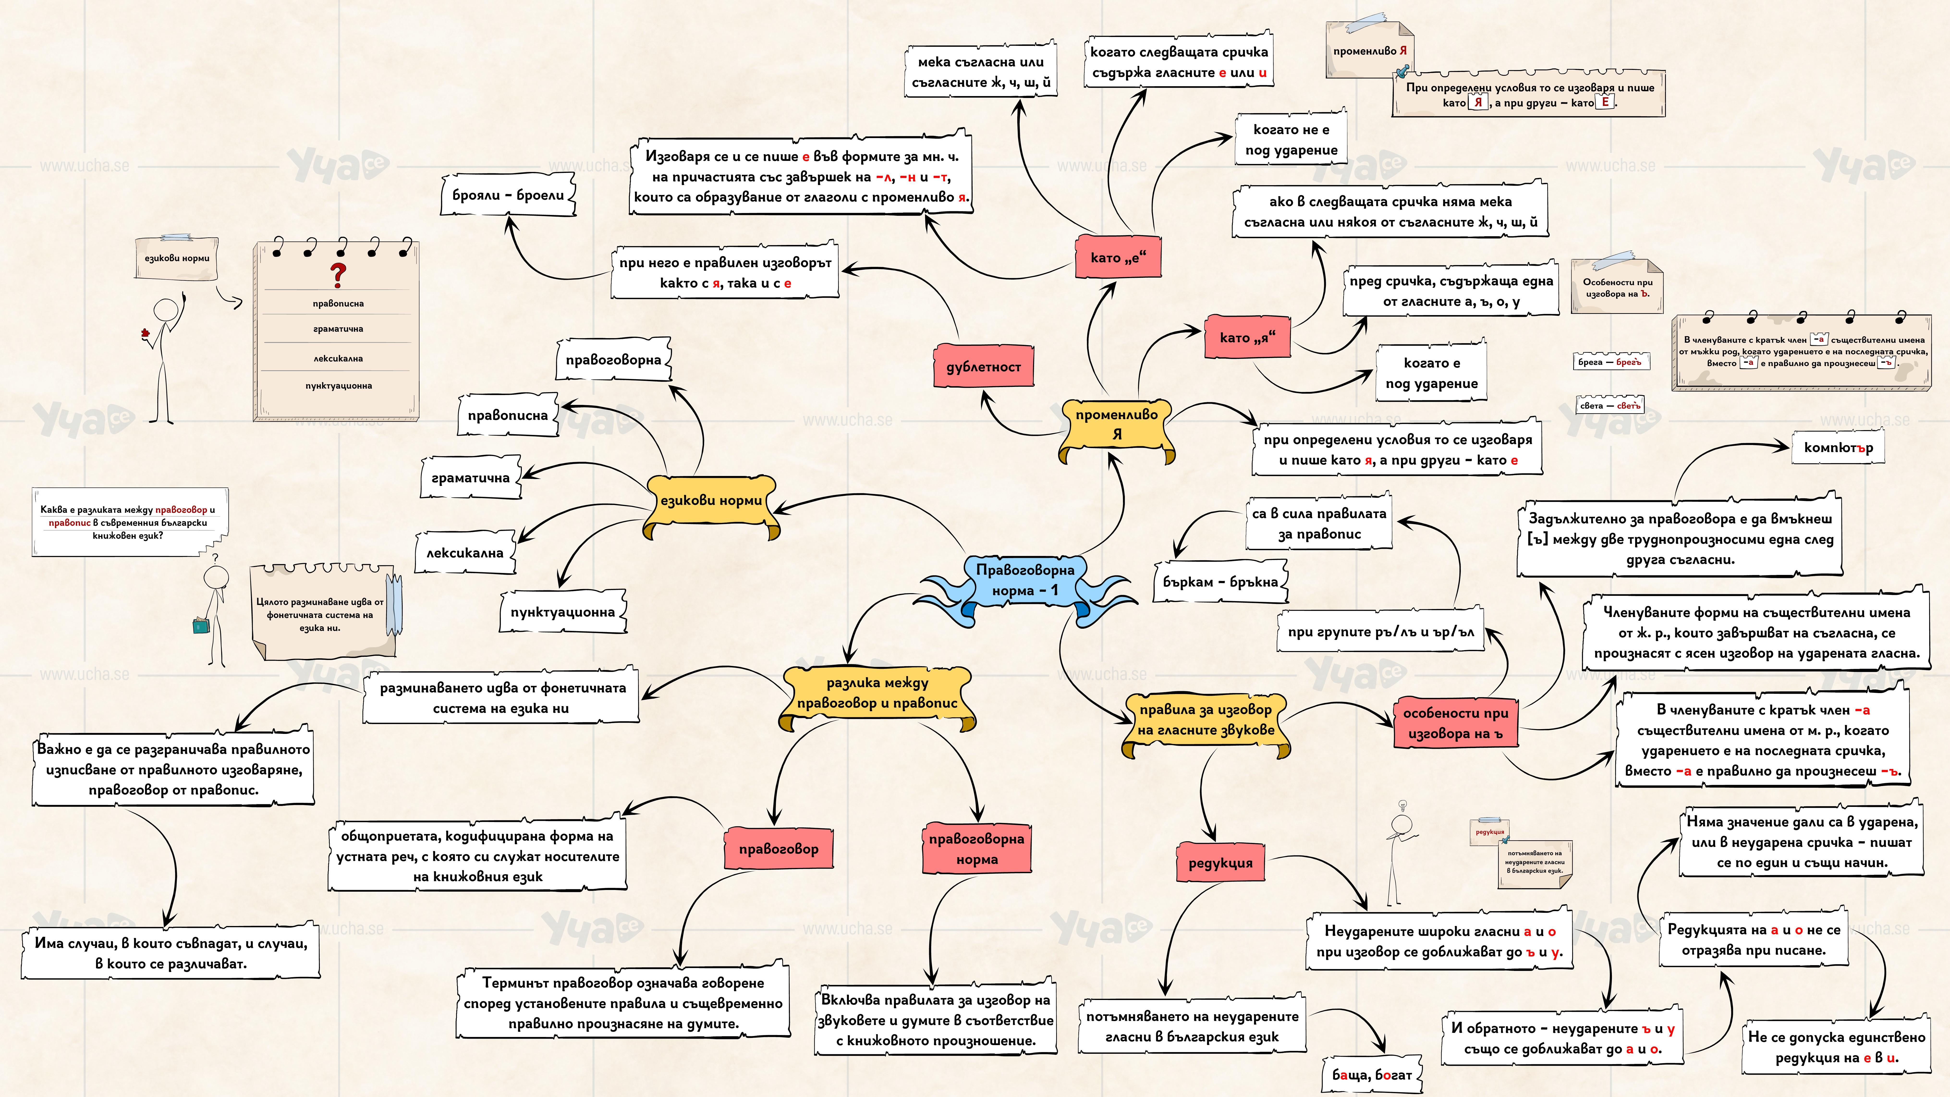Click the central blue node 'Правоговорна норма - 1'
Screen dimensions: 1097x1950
click(1024, 580)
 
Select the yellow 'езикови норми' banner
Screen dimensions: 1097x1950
click(711, 500)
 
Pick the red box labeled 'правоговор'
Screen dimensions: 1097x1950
click(778, 849)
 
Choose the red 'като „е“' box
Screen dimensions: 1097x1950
click(1117, 257)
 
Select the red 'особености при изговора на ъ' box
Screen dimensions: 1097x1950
click(1455, 723)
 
